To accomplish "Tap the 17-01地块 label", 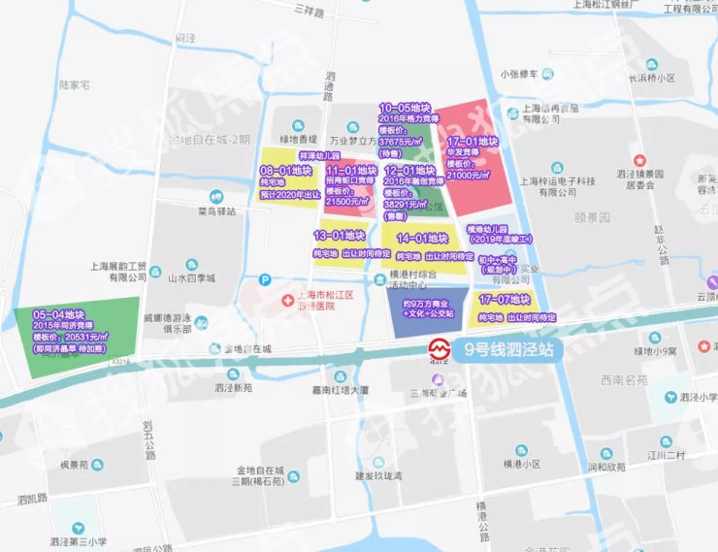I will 472,142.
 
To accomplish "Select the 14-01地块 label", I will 421,238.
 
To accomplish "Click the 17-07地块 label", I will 504,300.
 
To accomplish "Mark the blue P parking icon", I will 265,280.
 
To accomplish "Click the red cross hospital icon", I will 287,302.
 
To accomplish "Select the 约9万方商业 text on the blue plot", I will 428,304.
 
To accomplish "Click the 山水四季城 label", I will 190,278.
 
